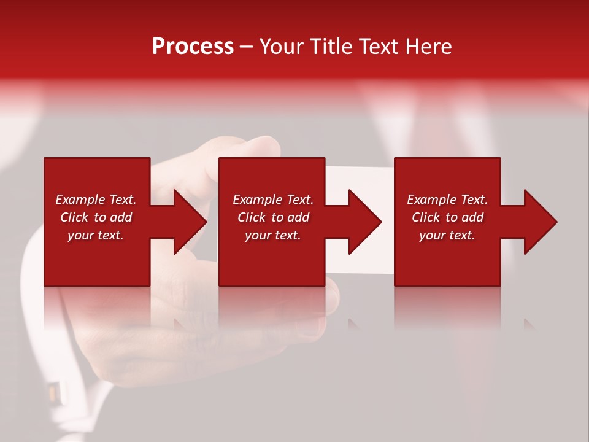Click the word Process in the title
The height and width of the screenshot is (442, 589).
click(193, 47)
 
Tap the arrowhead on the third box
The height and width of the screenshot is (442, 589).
click(539, 222)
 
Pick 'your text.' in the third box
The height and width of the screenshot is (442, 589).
click(447, 235)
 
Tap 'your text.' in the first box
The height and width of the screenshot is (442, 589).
click(96, 235)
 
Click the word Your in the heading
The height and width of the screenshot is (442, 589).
click(282, 47)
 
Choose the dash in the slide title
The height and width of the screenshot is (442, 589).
click(246, 47)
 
